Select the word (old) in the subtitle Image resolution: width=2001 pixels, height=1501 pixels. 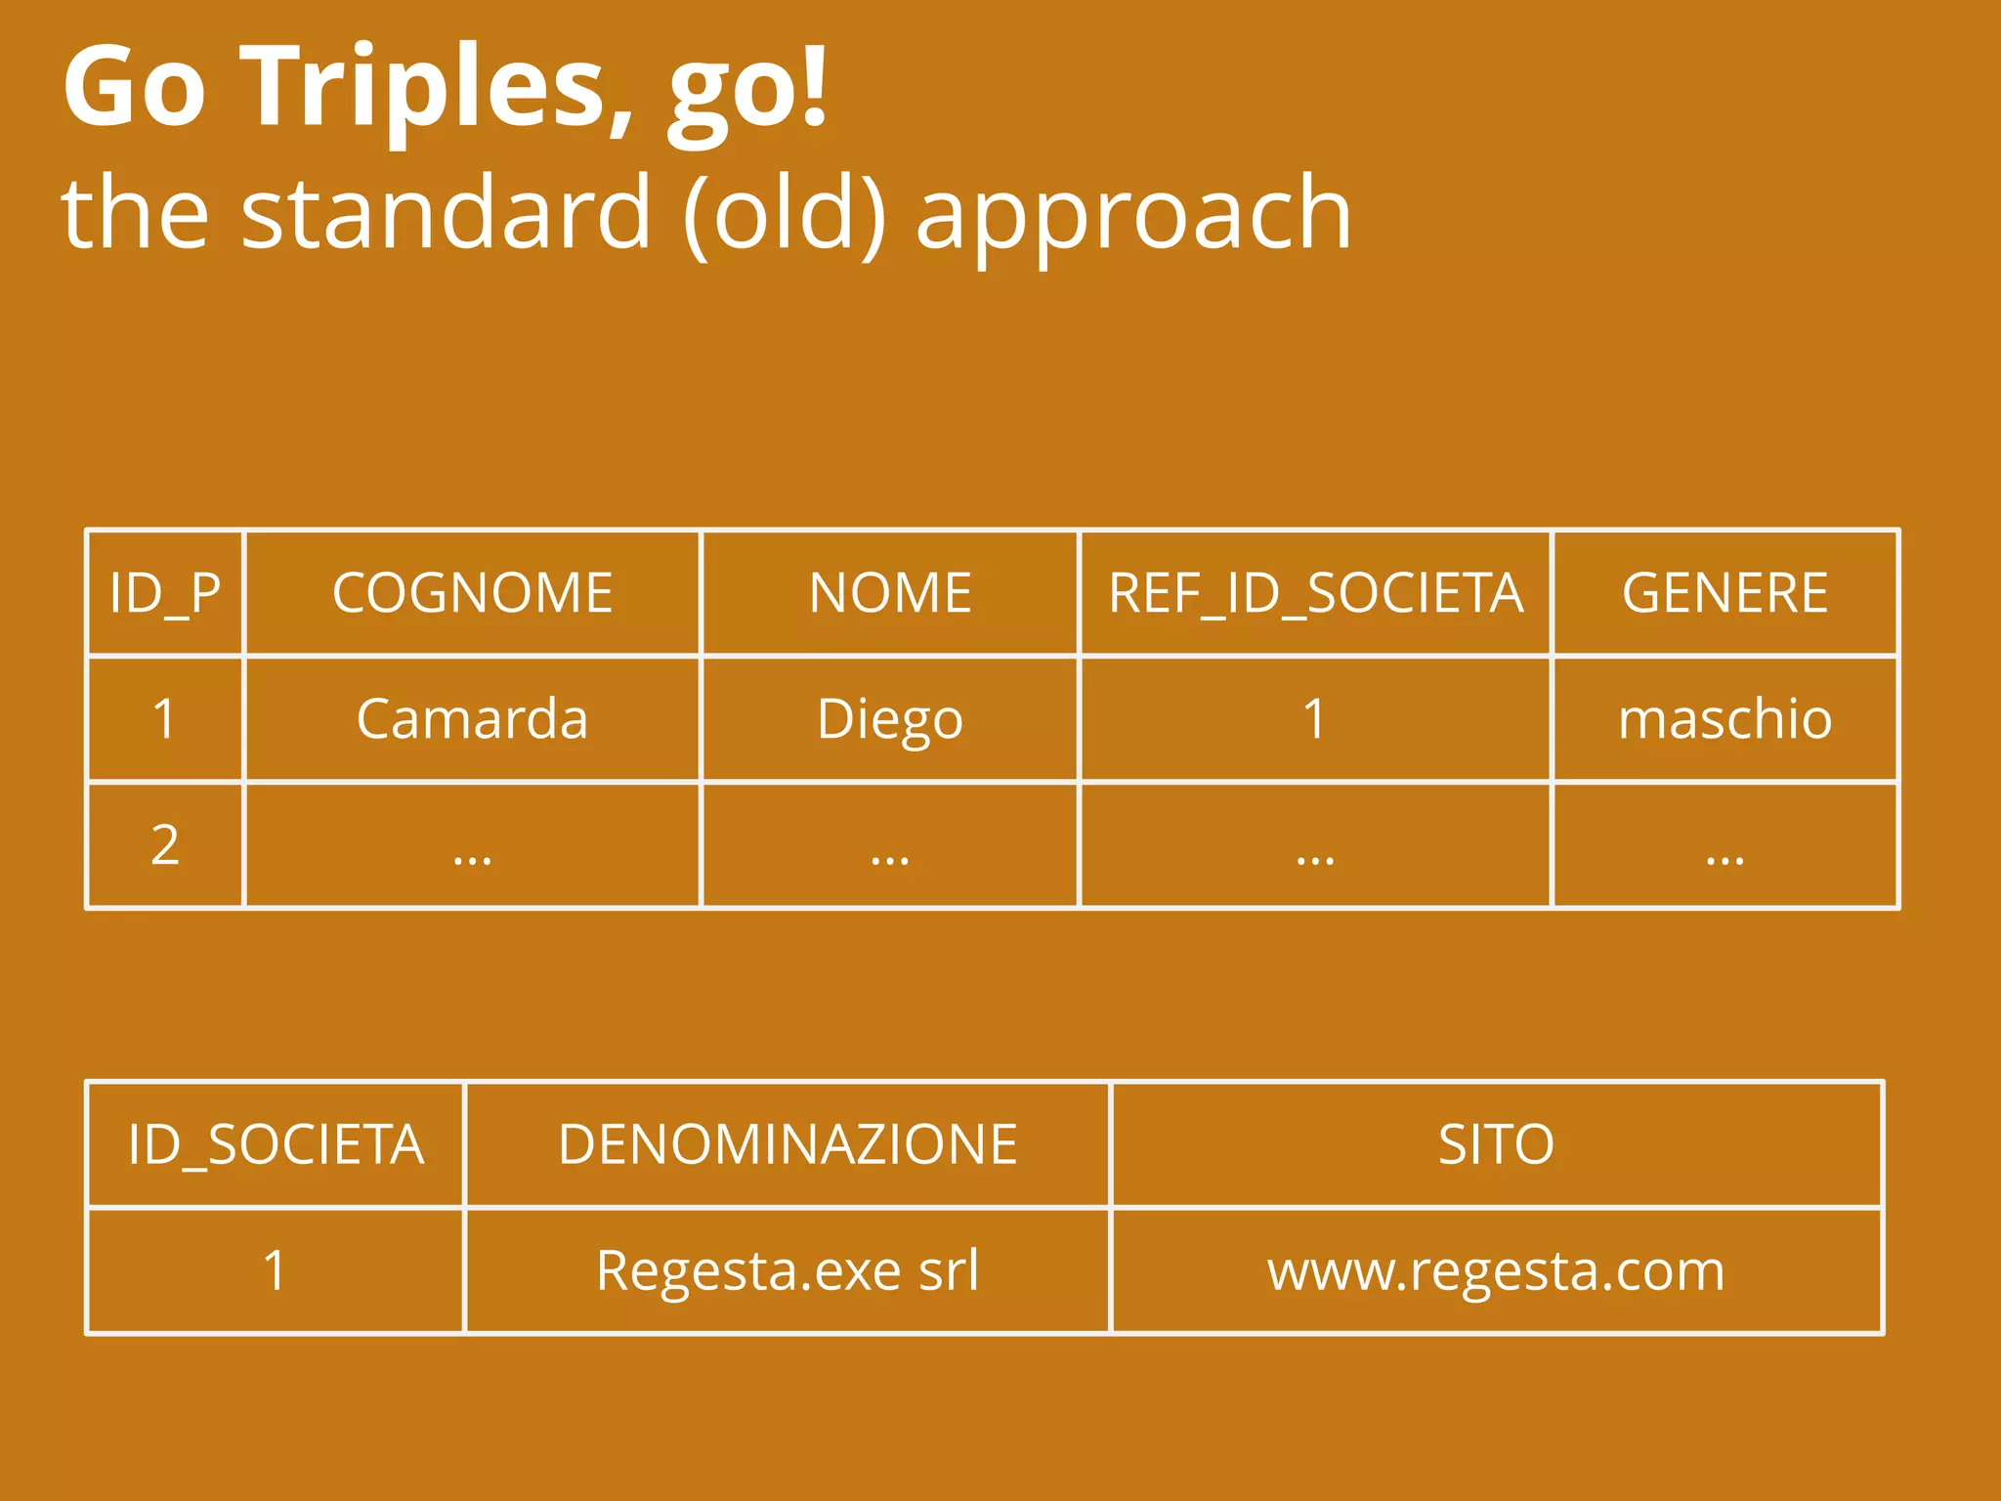pos(785,213)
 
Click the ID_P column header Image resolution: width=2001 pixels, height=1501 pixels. pos(165,593)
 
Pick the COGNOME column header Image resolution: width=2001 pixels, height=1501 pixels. pos(472,593)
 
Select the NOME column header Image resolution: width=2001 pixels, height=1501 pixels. pos(890,593)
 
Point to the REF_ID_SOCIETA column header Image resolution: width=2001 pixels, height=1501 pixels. pos(1315,593)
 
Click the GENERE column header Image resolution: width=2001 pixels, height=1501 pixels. pos(1724,593)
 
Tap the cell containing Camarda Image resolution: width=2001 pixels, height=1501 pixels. pos(472,719)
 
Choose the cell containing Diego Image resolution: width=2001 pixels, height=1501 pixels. pos(890,719)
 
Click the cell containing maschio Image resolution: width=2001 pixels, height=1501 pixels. pos(1724,719)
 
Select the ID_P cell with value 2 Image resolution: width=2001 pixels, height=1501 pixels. pos(165,845)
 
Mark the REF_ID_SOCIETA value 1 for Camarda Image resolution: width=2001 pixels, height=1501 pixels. pos(1315,719)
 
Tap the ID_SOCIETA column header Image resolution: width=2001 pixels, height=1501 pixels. pos(276,1144)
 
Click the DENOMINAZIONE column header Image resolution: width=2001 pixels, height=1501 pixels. pos(788,1144)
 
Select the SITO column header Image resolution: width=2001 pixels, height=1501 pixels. pos(1496,1144)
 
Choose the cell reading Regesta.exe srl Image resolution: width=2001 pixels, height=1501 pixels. pos(788,1270)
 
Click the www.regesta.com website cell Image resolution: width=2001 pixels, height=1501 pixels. pos(1496,1270)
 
